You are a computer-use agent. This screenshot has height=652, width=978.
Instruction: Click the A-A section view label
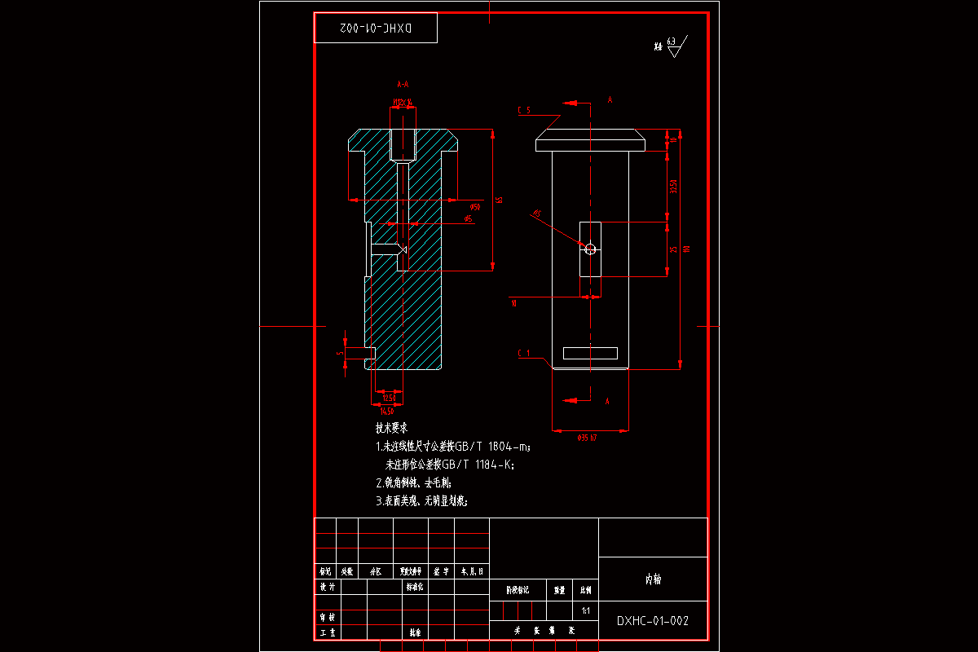click(x=402, y=84)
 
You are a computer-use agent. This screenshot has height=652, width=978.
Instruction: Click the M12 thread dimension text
click(x=403, y=103)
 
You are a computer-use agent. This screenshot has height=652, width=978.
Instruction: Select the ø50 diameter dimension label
click(x=475, y=206)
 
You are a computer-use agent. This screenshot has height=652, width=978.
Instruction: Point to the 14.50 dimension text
click(x=386, y=410)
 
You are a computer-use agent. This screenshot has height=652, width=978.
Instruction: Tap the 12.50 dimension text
click(x=390, y=398)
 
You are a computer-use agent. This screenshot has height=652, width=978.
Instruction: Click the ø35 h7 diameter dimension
click(x=587, y=438)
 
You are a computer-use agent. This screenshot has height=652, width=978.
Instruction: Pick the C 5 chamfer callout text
click(x=523, y=110)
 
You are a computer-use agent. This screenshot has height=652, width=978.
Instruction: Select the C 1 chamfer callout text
click(x=523, y=353)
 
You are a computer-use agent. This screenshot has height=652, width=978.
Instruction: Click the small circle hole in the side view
click(x=591, y=249)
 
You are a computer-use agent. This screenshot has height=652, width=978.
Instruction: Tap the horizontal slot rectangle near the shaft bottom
click(x=590, y=353)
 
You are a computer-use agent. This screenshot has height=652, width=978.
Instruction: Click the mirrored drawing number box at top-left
click(x=376, y=28)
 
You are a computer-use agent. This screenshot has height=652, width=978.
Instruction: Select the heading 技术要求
click(x=391, y=428)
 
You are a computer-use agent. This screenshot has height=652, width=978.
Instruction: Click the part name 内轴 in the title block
click(x=653, y=579)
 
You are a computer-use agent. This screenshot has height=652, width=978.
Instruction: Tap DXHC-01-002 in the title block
click(x=653, y=621)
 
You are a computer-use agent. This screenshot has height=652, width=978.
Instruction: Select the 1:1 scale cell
click(x=585, y=610)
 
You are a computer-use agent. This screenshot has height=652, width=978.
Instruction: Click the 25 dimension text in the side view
click(x=673, y=249)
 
